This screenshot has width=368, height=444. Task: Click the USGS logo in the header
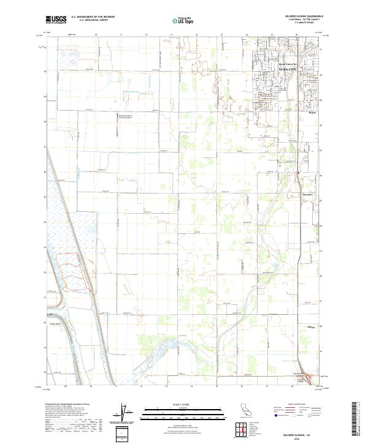point(56,20)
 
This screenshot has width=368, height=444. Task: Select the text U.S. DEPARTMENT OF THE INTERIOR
point(93,17)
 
